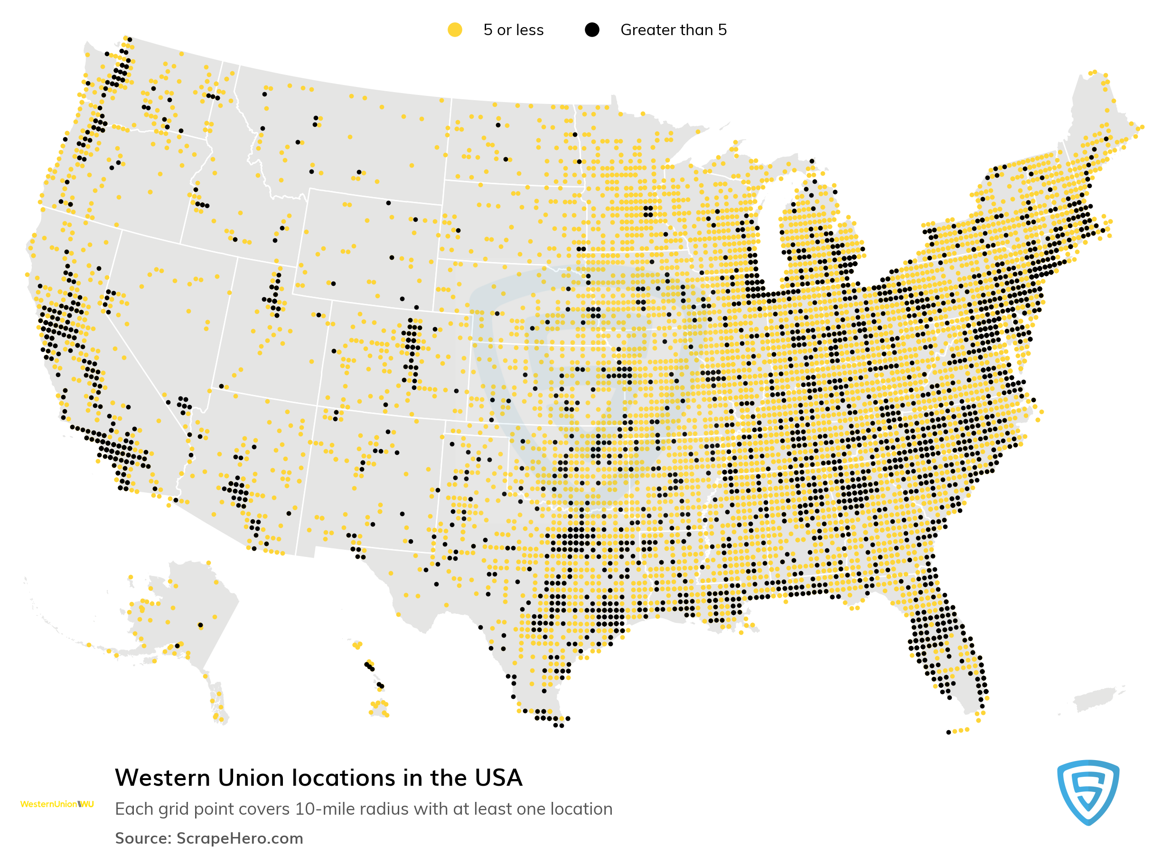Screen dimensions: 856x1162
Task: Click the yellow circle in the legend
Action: tap(454, 30)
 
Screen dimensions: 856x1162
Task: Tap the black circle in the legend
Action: tap(591, 30)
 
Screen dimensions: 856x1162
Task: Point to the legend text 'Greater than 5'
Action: tap(673, 30)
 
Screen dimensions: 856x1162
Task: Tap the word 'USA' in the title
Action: tap(498, 778)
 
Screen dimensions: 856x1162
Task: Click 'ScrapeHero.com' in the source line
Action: tap(239, 838)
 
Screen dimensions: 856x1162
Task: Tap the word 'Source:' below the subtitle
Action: tap(143, 838)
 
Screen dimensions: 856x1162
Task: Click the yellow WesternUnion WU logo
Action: tap(57, 804)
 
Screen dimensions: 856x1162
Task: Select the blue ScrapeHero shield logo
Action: tap(1088, 792)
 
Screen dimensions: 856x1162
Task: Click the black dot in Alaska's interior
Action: tap(200, 625)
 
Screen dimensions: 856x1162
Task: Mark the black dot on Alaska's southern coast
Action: tap(177, 646)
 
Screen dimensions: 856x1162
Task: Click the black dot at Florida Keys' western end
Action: tap(948, 732)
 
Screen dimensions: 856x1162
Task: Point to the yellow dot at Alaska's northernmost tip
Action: tap(209, 563)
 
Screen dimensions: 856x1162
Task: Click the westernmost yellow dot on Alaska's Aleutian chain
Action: tap(89, 645)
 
